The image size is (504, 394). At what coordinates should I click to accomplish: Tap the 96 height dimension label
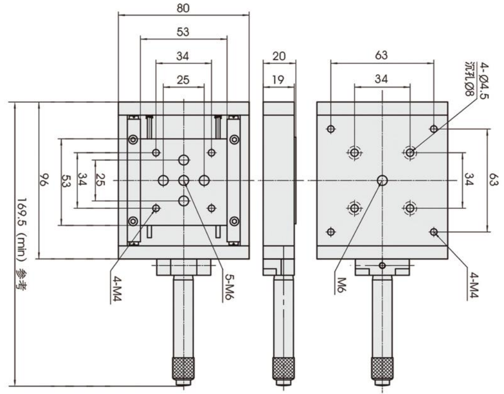click(43, 181)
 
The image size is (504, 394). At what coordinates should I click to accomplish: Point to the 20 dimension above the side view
click(279, 57)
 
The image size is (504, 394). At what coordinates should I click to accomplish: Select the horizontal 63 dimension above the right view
click(382, 56)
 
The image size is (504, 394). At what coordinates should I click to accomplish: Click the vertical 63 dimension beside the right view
click(495, 180)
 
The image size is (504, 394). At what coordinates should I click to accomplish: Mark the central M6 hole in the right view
click(382, 181)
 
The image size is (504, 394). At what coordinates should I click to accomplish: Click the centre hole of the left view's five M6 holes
click(184, 181)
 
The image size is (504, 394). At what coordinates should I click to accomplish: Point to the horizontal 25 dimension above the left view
click(183, 80)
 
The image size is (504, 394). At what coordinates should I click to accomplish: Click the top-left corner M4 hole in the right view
click(331, 129)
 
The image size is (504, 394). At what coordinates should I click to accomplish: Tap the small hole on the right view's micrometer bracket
click(382, 266)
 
